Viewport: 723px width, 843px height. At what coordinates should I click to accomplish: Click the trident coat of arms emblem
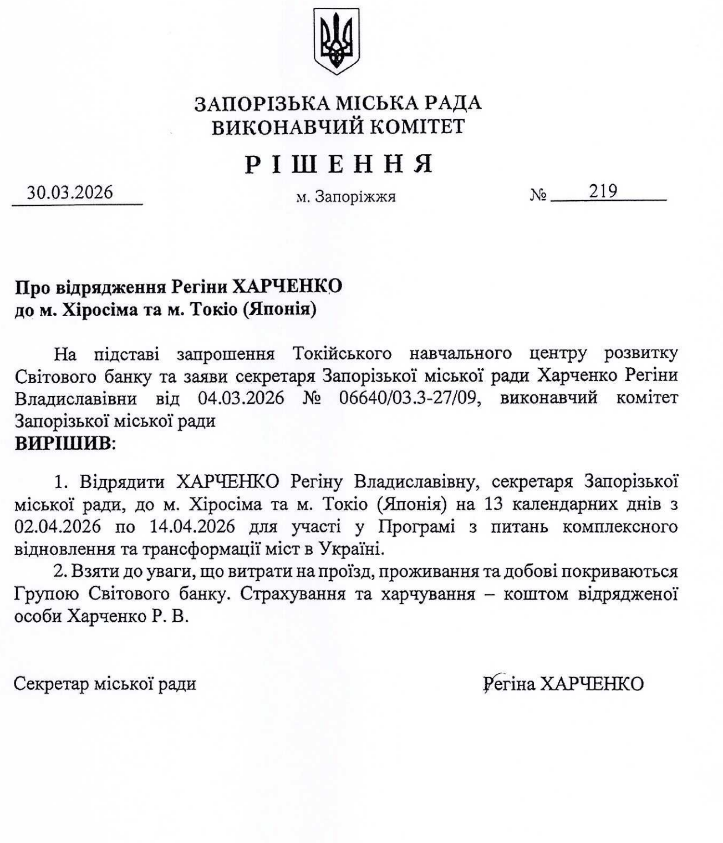336,42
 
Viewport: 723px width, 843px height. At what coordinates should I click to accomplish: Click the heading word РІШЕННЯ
339,164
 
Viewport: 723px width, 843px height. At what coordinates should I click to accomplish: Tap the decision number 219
603,191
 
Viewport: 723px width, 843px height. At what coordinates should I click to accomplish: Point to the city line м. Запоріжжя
346,196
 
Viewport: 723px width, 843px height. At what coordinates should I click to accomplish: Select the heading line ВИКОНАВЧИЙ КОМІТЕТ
339,127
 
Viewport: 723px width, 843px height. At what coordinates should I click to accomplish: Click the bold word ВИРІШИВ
63,444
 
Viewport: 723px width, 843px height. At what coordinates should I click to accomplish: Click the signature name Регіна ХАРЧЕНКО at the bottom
564,683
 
